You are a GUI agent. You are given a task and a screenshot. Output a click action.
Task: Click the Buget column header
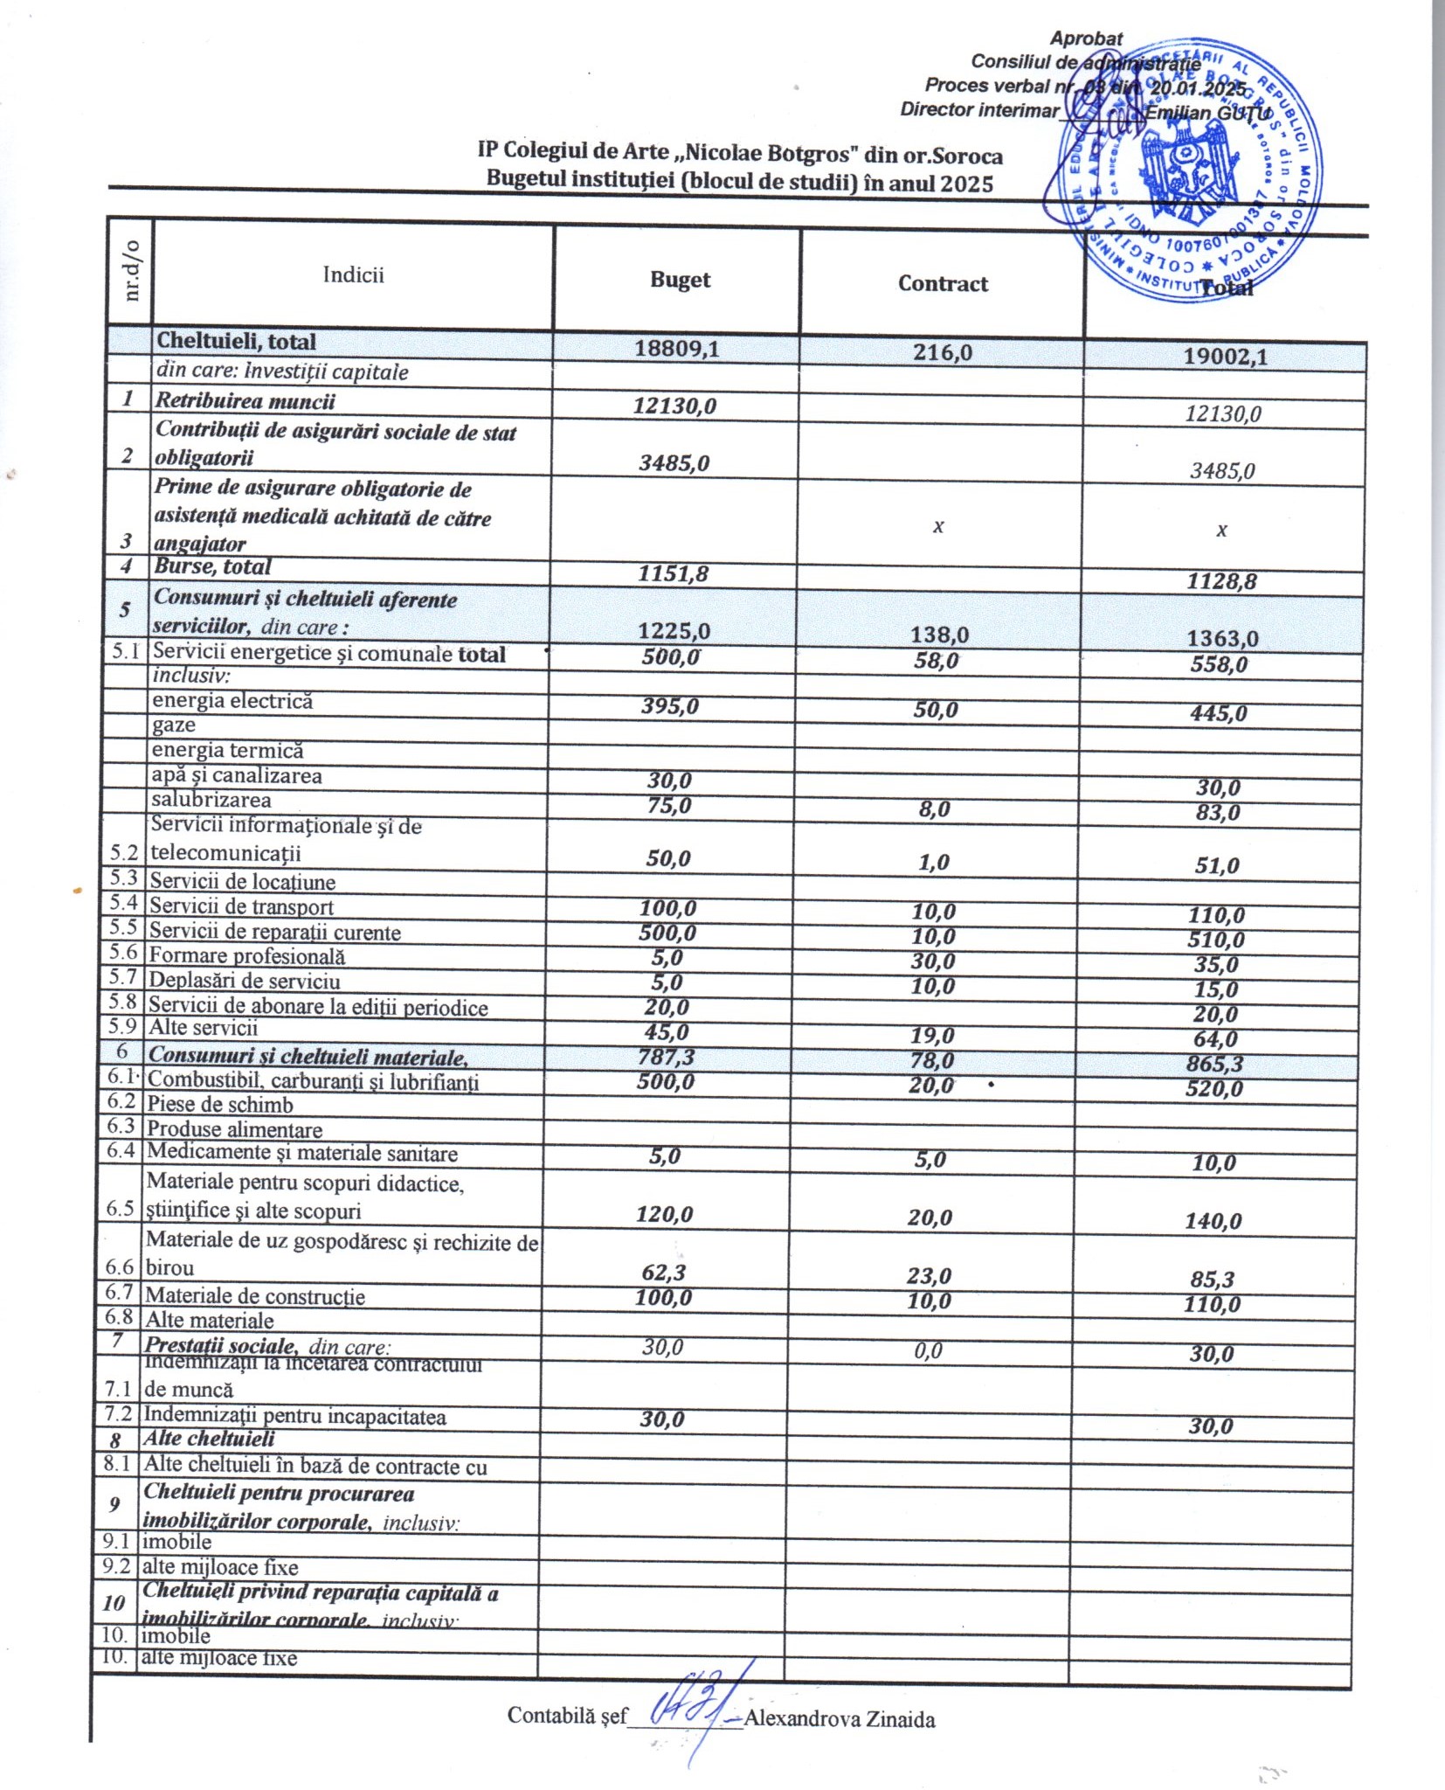point(680,280)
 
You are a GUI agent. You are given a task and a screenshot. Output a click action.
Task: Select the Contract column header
point(943,283)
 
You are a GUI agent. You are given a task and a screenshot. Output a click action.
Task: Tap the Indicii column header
point(353,274)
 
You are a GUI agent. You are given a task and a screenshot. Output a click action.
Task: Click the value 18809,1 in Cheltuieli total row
point(676,349)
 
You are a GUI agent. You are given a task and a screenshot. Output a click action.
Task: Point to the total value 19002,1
point(1225,356)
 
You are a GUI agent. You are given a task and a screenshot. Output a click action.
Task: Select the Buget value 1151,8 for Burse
point(672,573)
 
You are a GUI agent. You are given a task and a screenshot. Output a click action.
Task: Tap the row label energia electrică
point(232,701)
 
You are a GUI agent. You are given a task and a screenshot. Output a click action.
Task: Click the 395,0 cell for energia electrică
point(670,706)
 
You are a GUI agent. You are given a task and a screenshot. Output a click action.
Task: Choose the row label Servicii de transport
point(241,907)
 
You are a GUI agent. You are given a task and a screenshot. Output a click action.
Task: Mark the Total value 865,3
point(1214,1064)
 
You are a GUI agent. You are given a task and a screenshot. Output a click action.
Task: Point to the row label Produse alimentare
point(234,1129)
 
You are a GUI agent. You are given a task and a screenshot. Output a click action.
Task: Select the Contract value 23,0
point(929,1276)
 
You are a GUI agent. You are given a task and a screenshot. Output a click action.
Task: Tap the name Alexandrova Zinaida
point(840,1720)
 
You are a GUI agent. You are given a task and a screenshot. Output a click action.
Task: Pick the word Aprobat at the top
point(1086,38)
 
